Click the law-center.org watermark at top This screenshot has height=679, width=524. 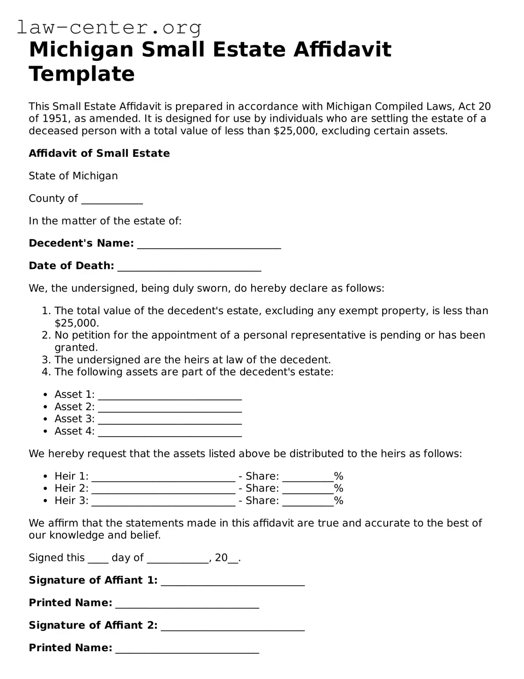pyautogui.click(x=109, y=27)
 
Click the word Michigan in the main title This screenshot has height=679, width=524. pyautogui.click(x=81, y=49)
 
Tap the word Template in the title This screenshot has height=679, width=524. pyautogui.click(x=82, y=74)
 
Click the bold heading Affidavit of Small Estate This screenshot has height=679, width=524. pyautogui.click(x=99, y=153)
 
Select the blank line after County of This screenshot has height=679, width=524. pyautogui.click(x=112, y=200)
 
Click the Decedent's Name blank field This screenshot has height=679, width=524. pyautogui.click(x=209, y=245)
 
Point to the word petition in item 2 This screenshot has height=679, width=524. pyautogui.click(x=90, y=335)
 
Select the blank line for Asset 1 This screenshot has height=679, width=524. pyautogui.click(x=170, y=396)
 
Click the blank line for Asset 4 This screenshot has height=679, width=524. pyautogui.click(x=170, y=432)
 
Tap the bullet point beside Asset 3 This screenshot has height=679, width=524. pyautogui.click(x=46, y=419)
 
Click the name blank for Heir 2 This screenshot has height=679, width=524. pyautogui.click(x=163, y=490)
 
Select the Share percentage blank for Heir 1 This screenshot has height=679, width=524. pyautogui.click(x=308, y=478)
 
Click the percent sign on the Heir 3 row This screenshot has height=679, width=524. pyautogui.click(x=338, y=501)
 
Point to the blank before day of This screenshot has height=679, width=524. pyautogui.click(x=98, y=559)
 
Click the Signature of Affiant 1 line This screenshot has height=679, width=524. pyautogui.click(x=233, y=582)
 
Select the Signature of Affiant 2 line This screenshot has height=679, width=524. pyautogui.click(x=233, y=627)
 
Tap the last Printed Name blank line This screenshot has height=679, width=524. pyautogui.click(x=187, y=649)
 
